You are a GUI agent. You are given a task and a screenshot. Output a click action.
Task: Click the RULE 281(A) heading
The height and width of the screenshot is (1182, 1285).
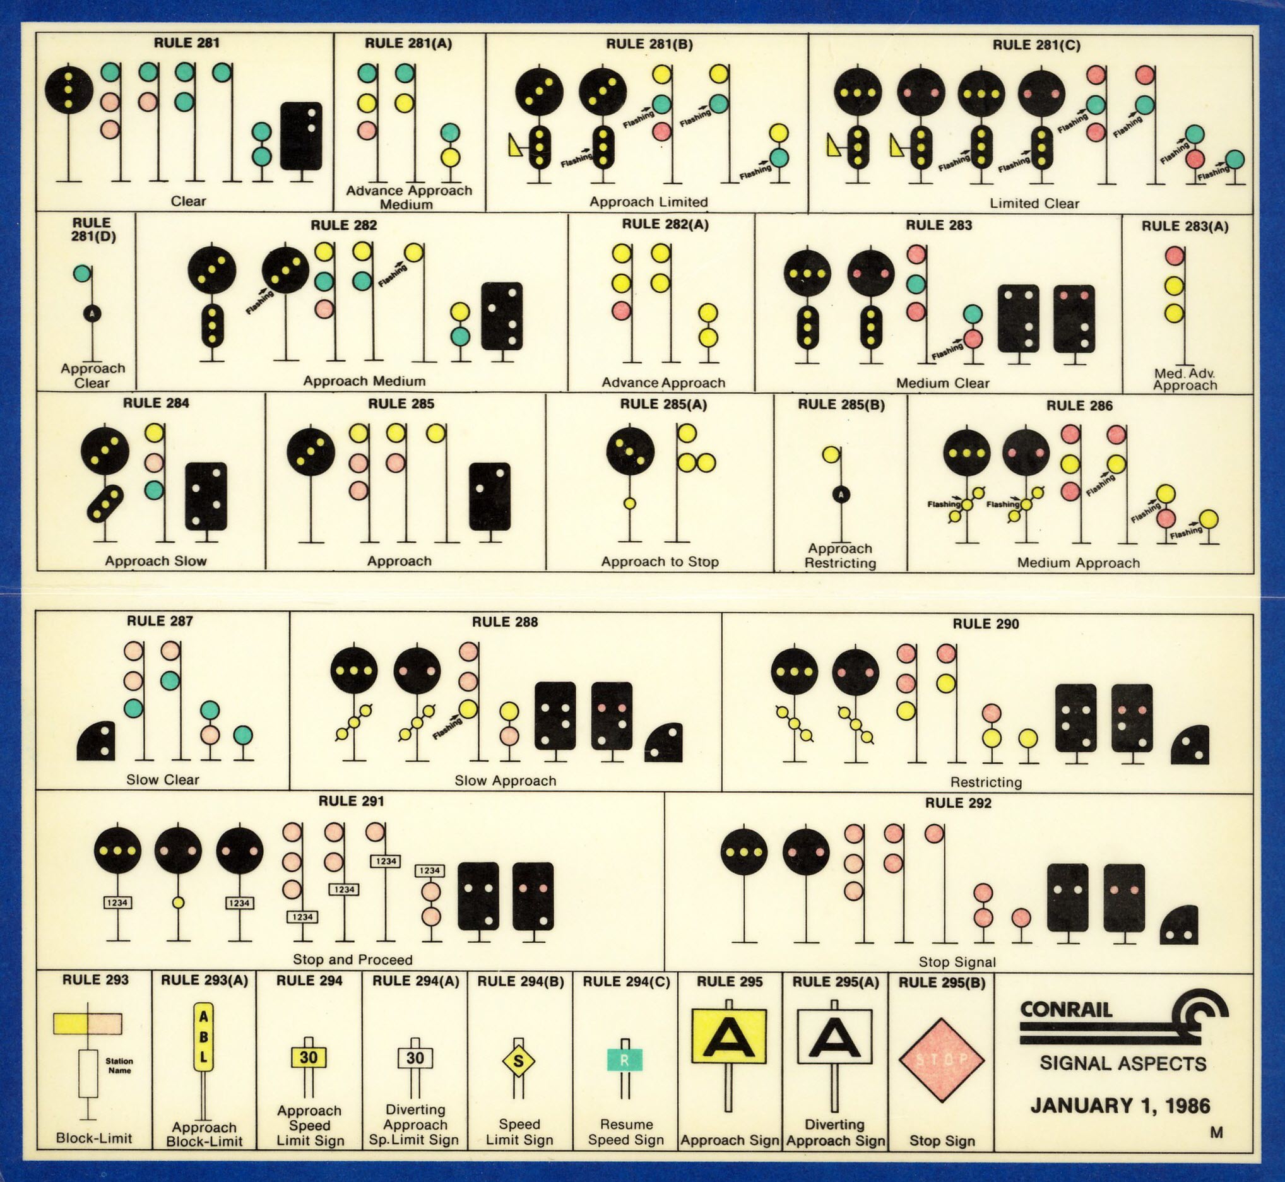pos(408,44)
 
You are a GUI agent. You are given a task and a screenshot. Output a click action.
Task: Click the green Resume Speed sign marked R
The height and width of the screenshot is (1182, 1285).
pos(624,1060)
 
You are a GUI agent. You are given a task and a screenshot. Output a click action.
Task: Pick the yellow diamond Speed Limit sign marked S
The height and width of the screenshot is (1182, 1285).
pos(519,1061)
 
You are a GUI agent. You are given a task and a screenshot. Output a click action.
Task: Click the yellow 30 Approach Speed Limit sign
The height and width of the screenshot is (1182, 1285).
pos(309,1057)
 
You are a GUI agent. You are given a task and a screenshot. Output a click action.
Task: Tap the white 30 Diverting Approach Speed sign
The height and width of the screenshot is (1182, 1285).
pos(415,1058)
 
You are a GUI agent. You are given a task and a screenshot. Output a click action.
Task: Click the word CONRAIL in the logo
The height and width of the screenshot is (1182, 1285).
pos(1066,1010)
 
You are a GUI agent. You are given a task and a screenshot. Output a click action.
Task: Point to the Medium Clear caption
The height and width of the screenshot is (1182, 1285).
pos(942,383)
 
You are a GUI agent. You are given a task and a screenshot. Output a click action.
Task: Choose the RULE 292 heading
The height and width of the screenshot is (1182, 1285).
pos(957,803)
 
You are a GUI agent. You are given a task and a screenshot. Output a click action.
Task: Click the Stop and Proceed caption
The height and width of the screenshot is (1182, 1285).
pos(352,959)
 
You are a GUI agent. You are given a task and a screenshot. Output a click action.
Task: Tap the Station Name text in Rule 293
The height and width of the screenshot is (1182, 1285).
pos(119,1066)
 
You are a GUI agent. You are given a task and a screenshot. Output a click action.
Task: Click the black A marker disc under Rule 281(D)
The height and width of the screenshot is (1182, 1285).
pos(92,314)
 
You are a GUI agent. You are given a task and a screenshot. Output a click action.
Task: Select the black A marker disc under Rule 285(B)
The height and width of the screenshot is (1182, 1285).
pos(841,493)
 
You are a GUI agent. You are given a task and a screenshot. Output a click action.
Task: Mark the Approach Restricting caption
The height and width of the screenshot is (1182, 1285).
pos(840,556)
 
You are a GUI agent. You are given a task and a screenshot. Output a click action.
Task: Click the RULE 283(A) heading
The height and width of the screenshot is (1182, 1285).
pos(1185,227)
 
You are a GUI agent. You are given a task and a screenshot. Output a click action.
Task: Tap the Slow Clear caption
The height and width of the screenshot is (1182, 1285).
pos(162,779)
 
